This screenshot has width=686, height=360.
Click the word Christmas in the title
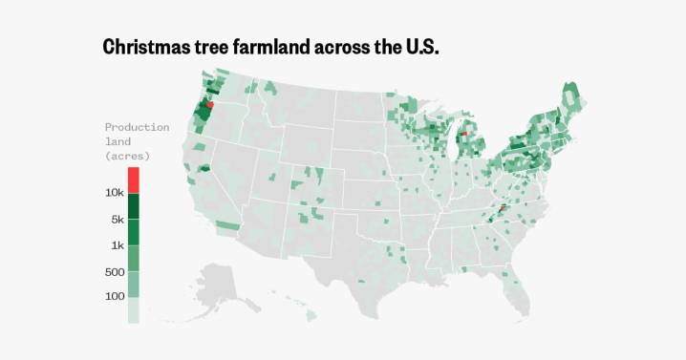149,47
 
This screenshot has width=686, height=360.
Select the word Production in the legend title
137,127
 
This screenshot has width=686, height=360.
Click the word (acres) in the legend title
127,155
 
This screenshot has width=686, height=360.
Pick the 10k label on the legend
116,193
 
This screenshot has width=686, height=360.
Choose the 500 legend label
116,272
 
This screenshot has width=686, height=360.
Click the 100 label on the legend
116,297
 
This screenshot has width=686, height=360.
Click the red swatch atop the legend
133,180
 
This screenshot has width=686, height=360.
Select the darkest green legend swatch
133,206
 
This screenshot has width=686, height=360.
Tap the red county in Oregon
209,105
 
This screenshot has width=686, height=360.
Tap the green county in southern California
227,225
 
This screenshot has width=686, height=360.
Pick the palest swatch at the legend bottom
133,310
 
